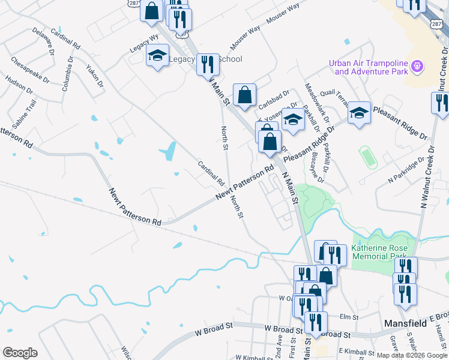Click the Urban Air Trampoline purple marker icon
click(x=418, y=65)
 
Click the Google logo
click(x=20, y=353)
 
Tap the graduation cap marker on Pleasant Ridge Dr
click(x=359, y=113)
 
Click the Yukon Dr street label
click(x=94, y=75)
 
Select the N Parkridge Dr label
click(x=406, y=170)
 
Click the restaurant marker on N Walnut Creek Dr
click(x=440, y=103)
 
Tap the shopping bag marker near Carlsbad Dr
click(x=244, y=95)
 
